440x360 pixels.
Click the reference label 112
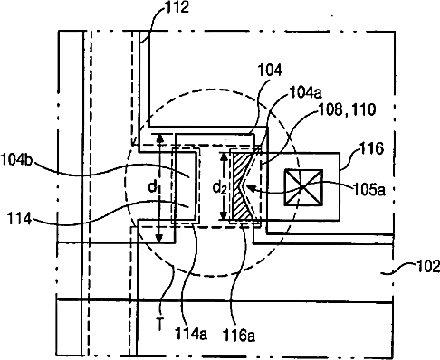pos(177,7)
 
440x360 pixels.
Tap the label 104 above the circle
pos(270,70)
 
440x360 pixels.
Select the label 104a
pos(306,92)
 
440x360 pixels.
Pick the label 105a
pos(368,190)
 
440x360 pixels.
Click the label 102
pos(428,267)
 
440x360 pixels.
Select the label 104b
pos(16,159)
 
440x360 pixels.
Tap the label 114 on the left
pos(19,218)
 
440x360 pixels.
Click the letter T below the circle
pos(160,325)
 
